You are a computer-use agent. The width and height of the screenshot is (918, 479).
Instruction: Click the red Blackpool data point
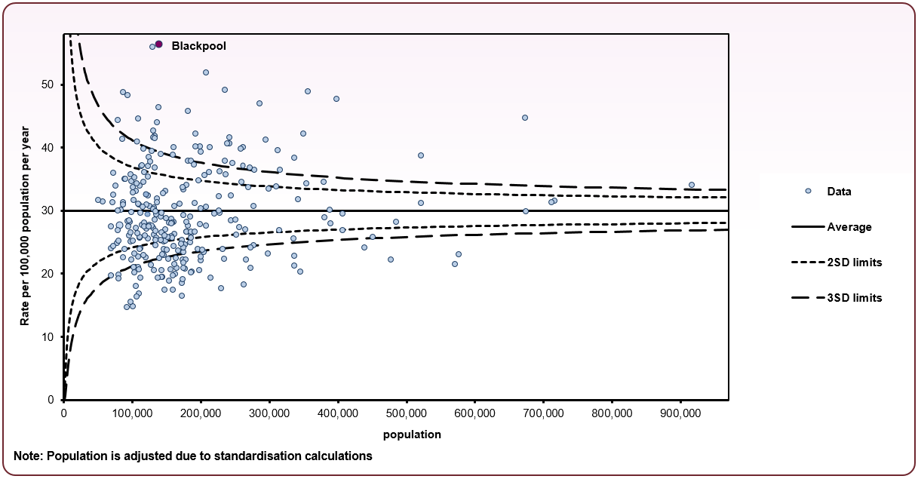click(x=158, y=45)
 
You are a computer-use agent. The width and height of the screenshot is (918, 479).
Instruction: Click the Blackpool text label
click(x=198, y=46)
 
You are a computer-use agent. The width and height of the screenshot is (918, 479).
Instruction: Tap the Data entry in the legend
click(x=839, y=192)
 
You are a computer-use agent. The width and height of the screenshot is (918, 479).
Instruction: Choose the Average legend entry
click(x=849, y=227)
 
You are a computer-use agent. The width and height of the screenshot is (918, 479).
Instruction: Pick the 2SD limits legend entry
click(x=854, y=263)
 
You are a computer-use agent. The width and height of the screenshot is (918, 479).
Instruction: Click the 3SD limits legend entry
click(x=854, y=298)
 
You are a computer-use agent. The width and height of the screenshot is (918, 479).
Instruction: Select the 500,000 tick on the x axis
click(x=407, y=413)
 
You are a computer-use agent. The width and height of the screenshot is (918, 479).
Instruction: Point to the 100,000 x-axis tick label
click(x=132, y=413)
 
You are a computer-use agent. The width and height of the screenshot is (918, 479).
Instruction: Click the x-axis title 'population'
click(x=412, y=434)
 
